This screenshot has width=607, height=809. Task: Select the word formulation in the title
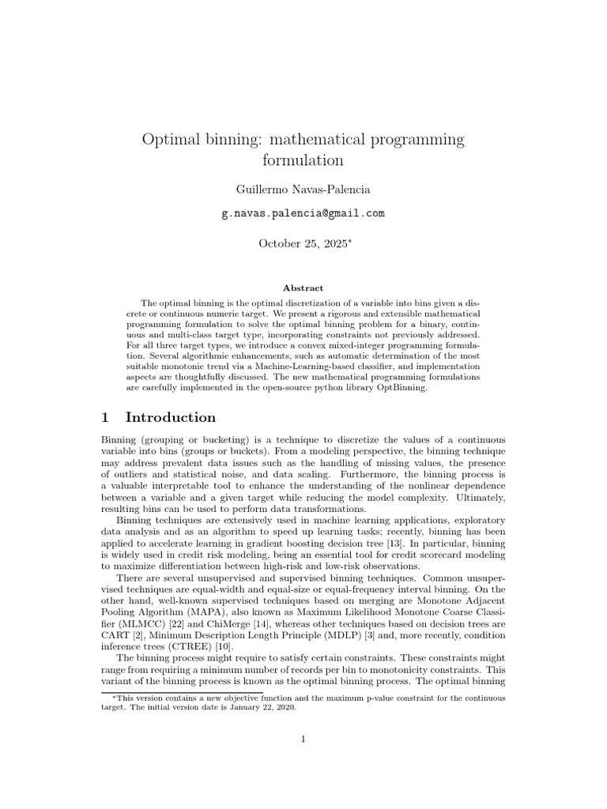tap(303, 160)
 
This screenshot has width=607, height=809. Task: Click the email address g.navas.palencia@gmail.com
tap(303, 213)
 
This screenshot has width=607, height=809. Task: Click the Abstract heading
tap(303, 288)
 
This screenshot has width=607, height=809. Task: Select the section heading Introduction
tap(171, 417)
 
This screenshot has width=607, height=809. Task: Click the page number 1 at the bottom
tap(303, 739)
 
